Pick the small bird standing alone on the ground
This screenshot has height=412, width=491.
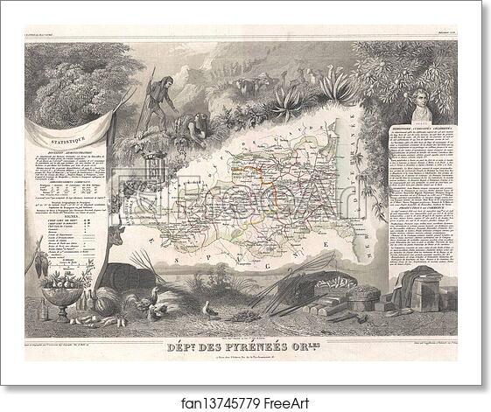pyautogui.click(x=210, y=308)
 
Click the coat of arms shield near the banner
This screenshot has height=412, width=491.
pyautogui.click(x=132, y=162)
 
